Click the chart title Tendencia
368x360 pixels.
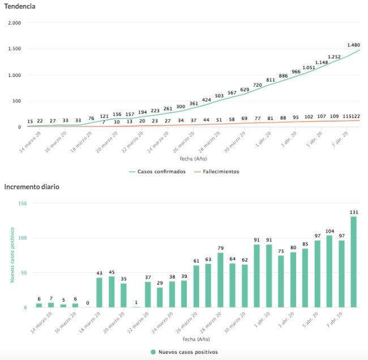pos(20,7)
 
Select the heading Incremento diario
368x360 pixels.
pos(32,186)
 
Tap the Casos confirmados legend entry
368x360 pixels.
pos(157,172)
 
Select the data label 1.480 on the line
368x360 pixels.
pos(354,45)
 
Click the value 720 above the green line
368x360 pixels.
pos(258,84)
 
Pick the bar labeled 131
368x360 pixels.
pos(354,262)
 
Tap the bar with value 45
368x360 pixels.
pos(112,292)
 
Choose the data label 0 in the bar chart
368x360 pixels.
pos(87,303)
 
